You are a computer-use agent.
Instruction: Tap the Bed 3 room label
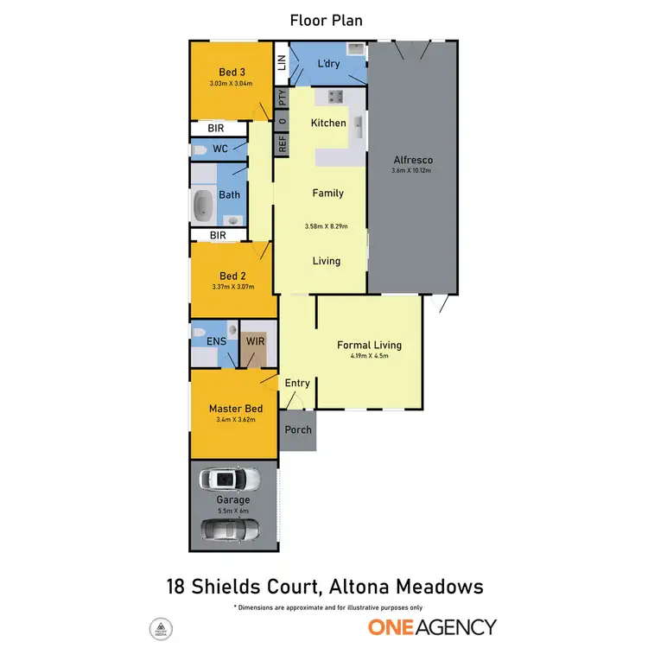[229, 72]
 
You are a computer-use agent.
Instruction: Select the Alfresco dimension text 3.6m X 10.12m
[411, 170]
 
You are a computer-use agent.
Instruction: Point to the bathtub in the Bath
[204, 205]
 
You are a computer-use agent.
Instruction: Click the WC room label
[220, 149]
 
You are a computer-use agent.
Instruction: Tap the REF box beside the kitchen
[281, 144]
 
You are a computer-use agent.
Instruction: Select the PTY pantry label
[281, 98]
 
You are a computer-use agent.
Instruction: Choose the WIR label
[256, 341]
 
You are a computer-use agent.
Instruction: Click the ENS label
[216, 341]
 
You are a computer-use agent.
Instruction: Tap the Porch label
[298, 429]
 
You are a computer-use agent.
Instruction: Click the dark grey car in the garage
[229, 528]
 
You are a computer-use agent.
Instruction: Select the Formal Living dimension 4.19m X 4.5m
[369, 355]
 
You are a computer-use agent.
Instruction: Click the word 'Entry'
[297, 383]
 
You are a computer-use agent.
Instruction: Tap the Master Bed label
[233, 410]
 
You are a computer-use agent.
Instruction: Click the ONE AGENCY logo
[432, 626]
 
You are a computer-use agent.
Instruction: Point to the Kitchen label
[328, 123]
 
